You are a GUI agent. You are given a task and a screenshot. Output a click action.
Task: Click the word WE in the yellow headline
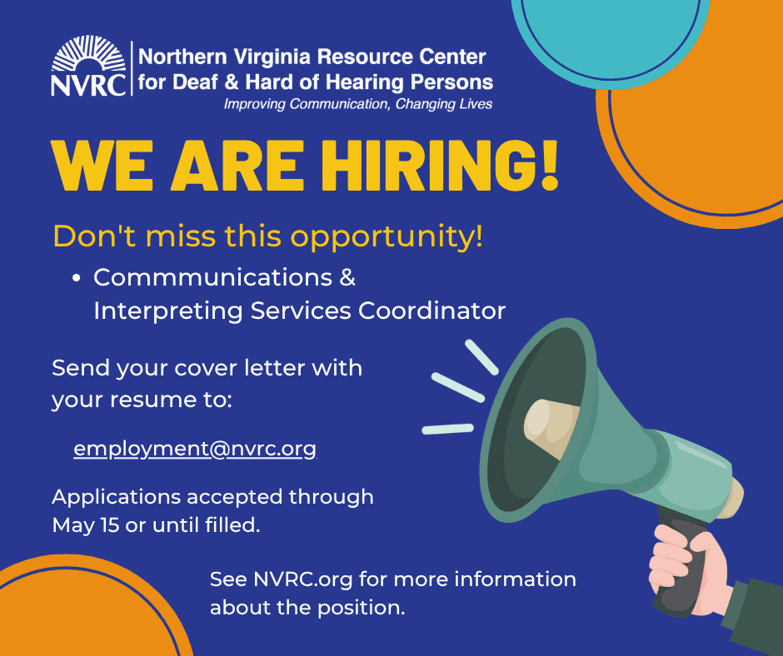pos(101,166)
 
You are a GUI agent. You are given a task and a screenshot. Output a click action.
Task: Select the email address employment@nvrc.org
pos(195,449)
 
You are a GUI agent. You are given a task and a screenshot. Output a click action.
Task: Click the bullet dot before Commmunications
pos(76,279)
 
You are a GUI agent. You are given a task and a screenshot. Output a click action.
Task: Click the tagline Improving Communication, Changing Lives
pos(357,104)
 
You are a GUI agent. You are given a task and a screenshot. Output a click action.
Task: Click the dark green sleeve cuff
pos(754,612)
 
